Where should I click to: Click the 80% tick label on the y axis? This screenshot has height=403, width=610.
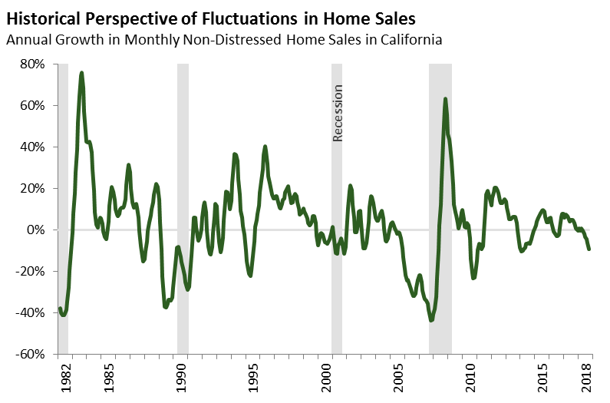[x=33, y=64]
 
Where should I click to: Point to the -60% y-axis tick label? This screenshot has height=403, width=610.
[x=31, y=355]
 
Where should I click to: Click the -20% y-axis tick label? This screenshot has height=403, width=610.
[x=31, y=272]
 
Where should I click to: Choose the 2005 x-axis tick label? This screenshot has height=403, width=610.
[x=399, y=378]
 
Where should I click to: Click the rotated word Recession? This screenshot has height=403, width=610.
[x=338, y=113]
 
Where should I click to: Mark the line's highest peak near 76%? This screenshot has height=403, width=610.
[x=81, y=73]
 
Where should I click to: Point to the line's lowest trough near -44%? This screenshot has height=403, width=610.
[x=431, y=320]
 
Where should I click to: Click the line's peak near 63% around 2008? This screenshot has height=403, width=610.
[x=445, y=99]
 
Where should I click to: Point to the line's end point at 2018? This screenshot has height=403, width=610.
[x=589, y=249]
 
